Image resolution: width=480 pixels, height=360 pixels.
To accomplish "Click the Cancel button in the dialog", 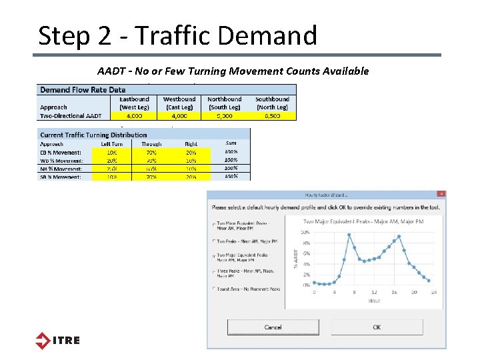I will pos(273,327).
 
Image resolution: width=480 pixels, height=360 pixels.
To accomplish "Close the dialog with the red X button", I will pos(441,194).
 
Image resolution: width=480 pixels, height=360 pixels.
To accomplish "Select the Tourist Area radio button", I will pos(213,289).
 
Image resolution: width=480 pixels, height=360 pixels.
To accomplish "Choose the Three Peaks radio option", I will pos(213,271).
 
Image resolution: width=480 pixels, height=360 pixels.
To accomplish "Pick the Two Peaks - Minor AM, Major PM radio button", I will pos(213,241).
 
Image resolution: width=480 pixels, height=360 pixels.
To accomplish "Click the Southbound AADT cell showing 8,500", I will pos(271,115).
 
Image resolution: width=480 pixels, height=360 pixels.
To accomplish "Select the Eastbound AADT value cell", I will pos(134,115).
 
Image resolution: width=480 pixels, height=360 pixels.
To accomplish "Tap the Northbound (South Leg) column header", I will pos(225,103).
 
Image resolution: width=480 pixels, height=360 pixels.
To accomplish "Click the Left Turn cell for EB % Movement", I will pos(111,153).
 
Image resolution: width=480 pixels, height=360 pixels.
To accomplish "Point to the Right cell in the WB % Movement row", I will pos(192,161).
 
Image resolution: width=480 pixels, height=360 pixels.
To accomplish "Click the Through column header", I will pos(151,144).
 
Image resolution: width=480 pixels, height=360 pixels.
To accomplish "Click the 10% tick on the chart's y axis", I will pos(305,232).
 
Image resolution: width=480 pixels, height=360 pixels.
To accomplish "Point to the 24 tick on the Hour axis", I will pos(433,292).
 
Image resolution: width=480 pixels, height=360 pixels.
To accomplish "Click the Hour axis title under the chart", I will pos(374,301).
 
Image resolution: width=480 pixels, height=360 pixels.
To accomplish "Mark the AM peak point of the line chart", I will pos(349,235).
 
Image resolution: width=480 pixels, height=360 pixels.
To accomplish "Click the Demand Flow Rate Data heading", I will pos(83,89).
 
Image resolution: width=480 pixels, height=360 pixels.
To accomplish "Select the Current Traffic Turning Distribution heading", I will pos(93,135).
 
